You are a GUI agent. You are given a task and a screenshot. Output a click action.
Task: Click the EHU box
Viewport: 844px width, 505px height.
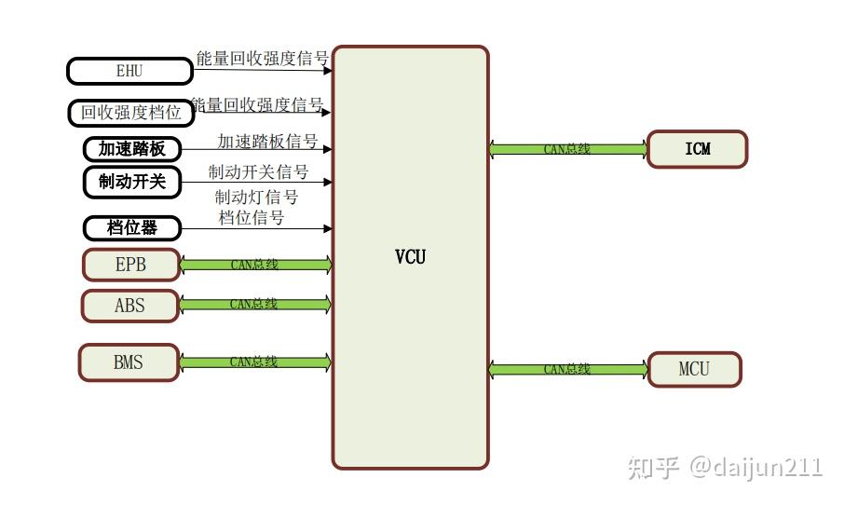[129, 71]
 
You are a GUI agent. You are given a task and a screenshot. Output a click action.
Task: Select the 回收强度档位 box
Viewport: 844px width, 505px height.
[130, 113]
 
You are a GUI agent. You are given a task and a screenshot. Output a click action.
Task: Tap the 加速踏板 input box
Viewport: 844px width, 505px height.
[131, 148]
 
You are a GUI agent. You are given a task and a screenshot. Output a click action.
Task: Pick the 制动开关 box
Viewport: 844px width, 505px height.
[131, 182]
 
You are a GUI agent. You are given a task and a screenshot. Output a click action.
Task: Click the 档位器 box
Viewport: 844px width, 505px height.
[131, 227]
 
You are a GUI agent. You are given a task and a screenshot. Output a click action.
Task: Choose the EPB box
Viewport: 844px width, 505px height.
[130, 265]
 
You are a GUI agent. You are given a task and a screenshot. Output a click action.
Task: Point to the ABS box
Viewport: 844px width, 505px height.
[129, 305]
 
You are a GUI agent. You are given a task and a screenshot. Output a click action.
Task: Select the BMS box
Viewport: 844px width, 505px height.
[129, 362]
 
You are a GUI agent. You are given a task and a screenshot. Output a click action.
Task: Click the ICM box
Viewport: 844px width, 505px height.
[697, 149]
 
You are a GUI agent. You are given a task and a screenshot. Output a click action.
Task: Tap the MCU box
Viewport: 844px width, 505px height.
[694, 369]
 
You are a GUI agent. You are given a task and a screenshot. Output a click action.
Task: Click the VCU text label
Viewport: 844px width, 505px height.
[410, 256]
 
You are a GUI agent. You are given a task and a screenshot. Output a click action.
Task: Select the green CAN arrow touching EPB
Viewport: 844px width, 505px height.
[254, 265]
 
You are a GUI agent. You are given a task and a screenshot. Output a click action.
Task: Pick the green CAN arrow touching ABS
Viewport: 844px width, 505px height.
[254, 304]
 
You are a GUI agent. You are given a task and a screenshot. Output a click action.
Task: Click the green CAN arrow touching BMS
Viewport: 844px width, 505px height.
[254, 362]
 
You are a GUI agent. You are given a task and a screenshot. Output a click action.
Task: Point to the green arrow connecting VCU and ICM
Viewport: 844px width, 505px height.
[567, 149]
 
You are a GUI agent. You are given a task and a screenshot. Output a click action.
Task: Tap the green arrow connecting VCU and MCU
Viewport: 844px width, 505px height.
[567, 369]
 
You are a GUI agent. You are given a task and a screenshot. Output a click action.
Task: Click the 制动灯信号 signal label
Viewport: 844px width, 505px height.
[256, 198]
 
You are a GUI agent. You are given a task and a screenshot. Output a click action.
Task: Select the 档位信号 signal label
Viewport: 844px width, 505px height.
[252, 217]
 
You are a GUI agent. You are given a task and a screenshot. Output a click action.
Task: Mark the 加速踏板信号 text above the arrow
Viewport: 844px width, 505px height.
[267, 142]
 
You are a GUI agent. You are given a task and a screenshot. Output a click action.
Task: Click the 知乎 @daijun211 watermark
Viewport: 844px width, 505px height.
[725, 466]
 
